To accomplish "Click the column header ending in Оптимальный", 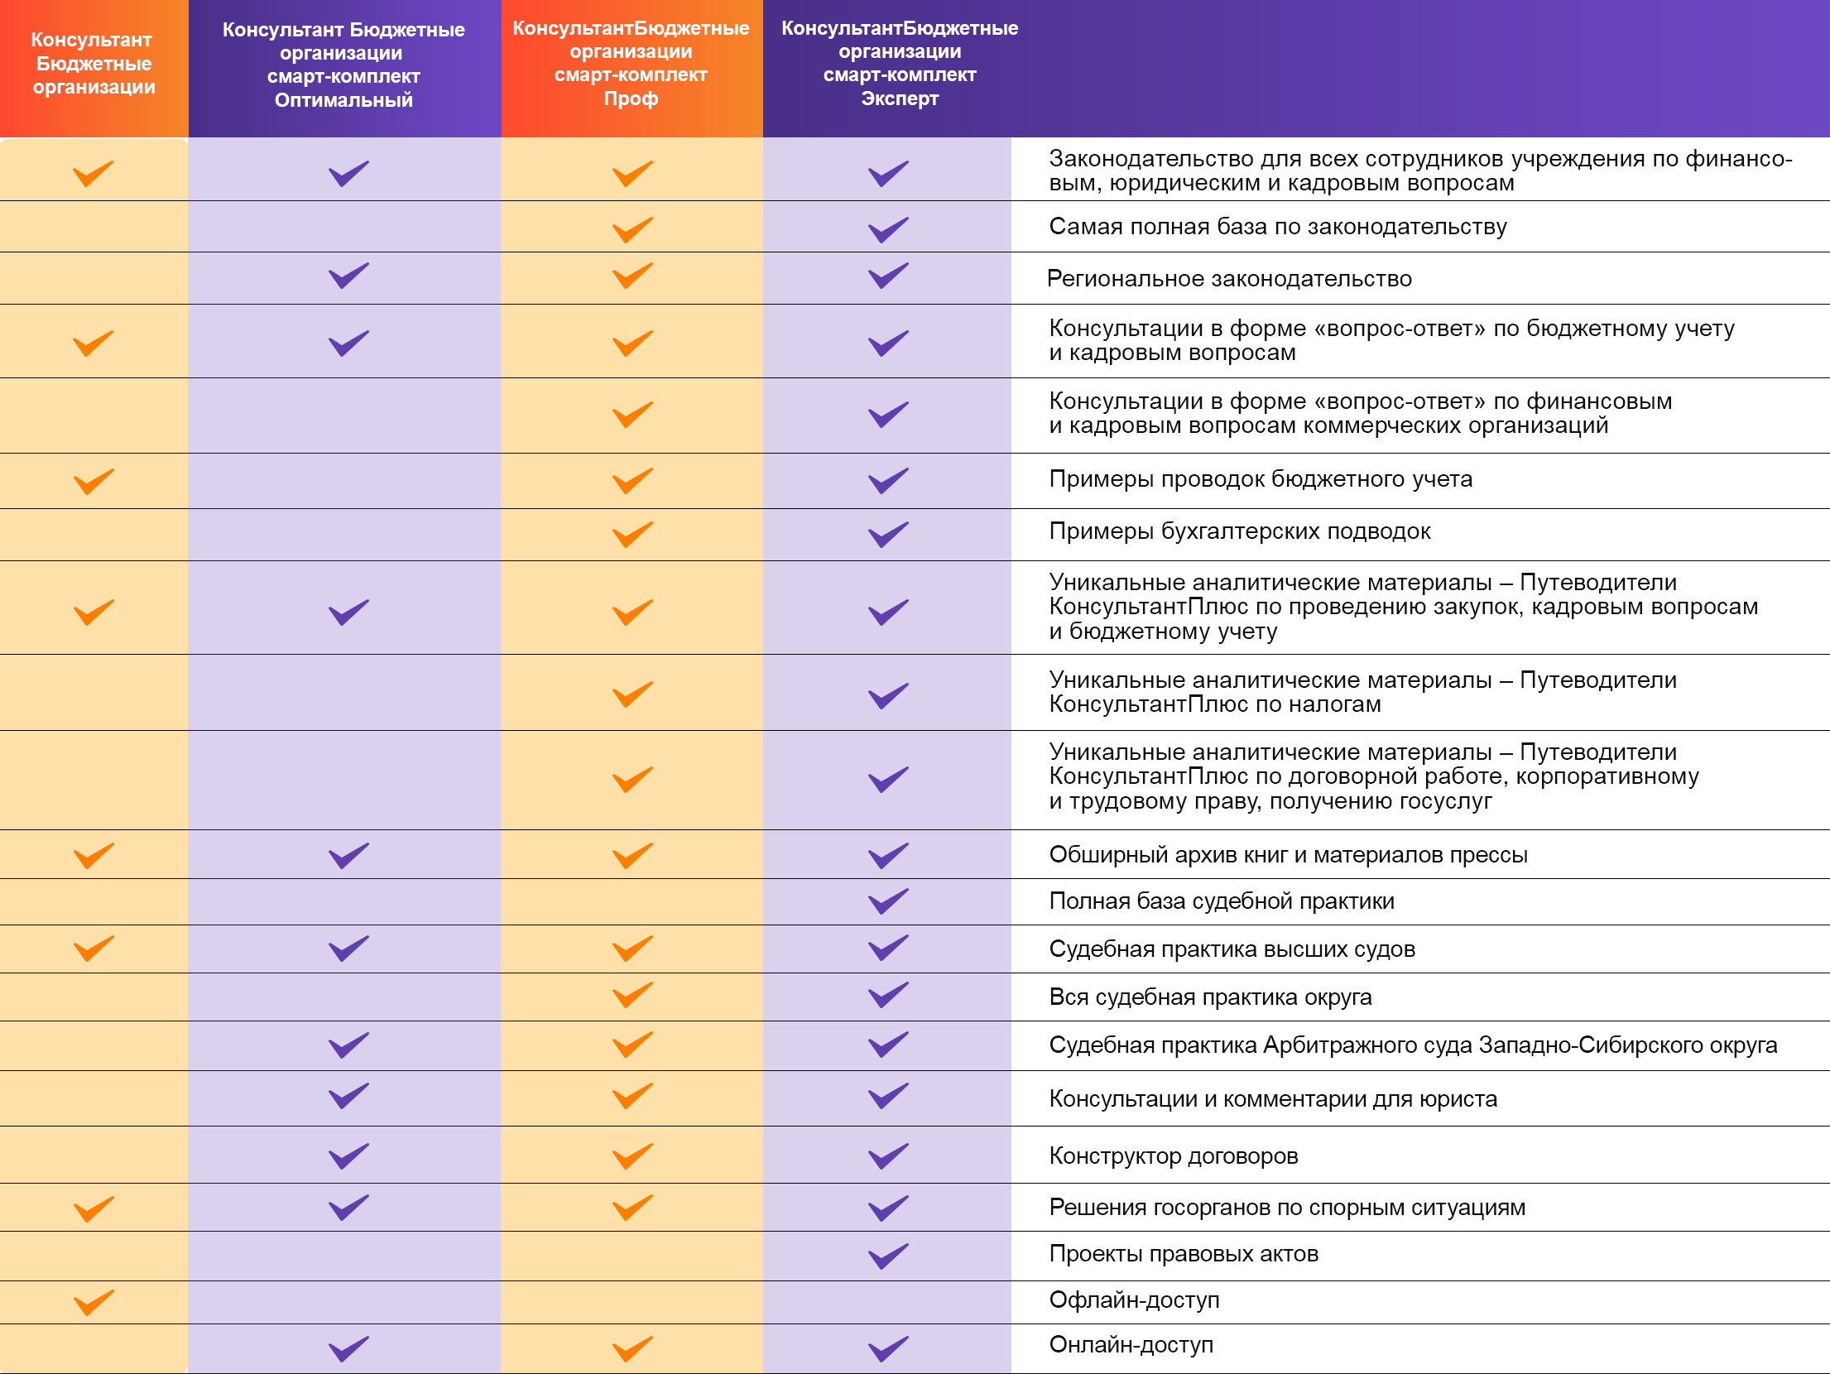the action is click(343, 65).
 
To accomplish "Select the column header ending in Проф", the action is click(631, 63).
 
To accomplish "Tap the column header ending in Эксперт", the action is click(900, 63).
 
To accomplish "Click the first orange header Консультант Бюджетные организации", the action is click(94, 64).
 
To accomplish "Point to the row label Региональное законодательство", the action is click(1229, 279).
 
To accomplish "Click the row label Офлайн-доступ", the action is click(1134, 1300).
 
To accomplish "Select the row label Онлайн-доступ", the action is click(1131, 1345).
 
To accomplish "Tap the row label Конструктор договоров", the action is click(1173, 1156).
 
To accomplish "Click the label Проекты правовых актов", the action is click(1184, 1254).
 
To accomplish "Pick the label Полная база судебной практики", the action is click(1222, 901).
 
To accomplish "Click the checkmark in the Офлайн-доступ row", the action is click(94, 1302).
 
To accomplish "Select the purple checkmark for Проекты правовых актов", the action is click(888, 1256).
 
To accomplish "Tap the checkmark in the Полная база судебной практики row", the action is click(888, 901).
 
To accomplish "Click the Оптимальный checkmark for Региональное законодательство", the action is click(348, 276).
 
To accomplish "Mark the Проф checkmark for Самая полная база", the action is click(632, 229).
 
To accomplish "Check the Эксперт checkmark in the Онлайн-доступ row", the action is click(888, 1348).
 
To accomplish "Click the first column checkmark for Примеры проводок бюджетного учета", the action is click(94, 481).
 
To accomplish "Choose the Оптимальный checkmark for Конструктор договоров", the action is click(348, 1155).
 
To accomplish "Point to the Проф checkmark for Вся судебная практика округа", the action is click(632, 995).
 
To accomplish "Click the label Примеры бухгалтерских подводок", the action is click(1240, 531).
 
